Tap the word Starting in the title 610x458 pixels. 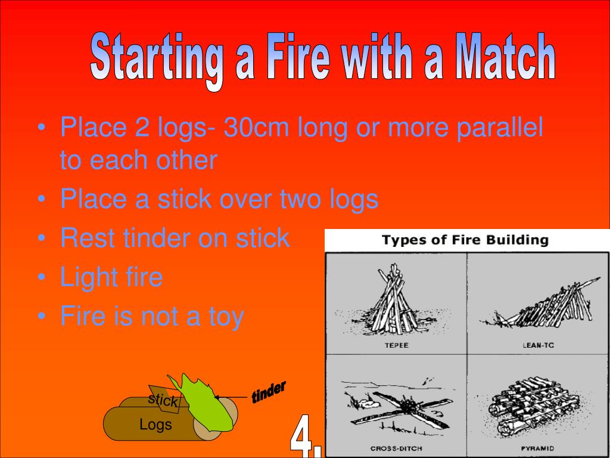click(x=157, y=60)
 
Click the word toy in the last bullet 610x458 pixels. click(x=225, y=317)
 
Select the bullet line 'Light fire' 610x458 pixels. click(x=111, y=277)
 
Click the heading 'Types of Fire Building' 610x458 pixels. click(x=465, y=241)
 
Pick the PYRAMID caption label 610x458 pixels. click(x=537, y=448)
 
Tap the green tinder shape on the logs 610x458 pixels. click(x=206, y=403)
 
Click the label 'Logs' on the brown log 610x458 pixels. click(x=155, y=425)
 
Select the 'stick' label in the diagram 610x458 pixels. click(x=163, y=400)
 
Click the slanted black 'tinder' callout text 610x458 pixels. click(x=269, y=392)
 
